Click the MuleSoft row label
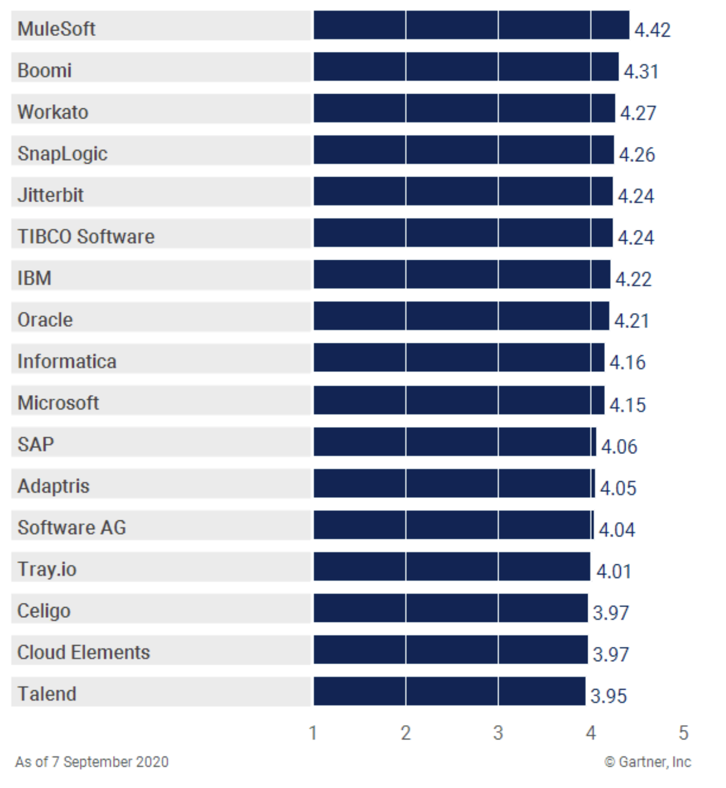pos(57,29)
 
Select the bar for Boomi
pos(466,67)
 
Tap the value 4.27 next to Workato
pos(638,113)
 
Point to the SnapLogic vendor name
pos(62,153)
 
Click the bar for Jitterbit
pos(463,191)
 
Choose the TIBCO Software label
pos(86,236)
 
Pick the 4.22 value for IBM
pos(633,279)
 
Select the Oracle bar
pos(461,316)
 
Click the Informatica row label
pos(67,361)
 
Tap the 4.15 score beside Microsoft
pos(627,405)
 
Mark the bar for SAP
pos(454,442)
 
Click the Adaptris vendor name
pos(53,486)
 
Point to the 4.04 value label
pos(617,529)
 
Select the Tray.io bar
pos(452,566)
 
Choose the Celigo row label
pos(44,611)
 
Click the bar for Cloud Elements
pos(450,649)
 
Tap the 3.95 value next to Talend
pos(608,696)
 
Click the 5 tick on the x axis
pos(683,733)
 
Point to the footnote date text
pos(92,762)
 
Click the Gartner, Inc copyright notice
pos(648,762)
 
